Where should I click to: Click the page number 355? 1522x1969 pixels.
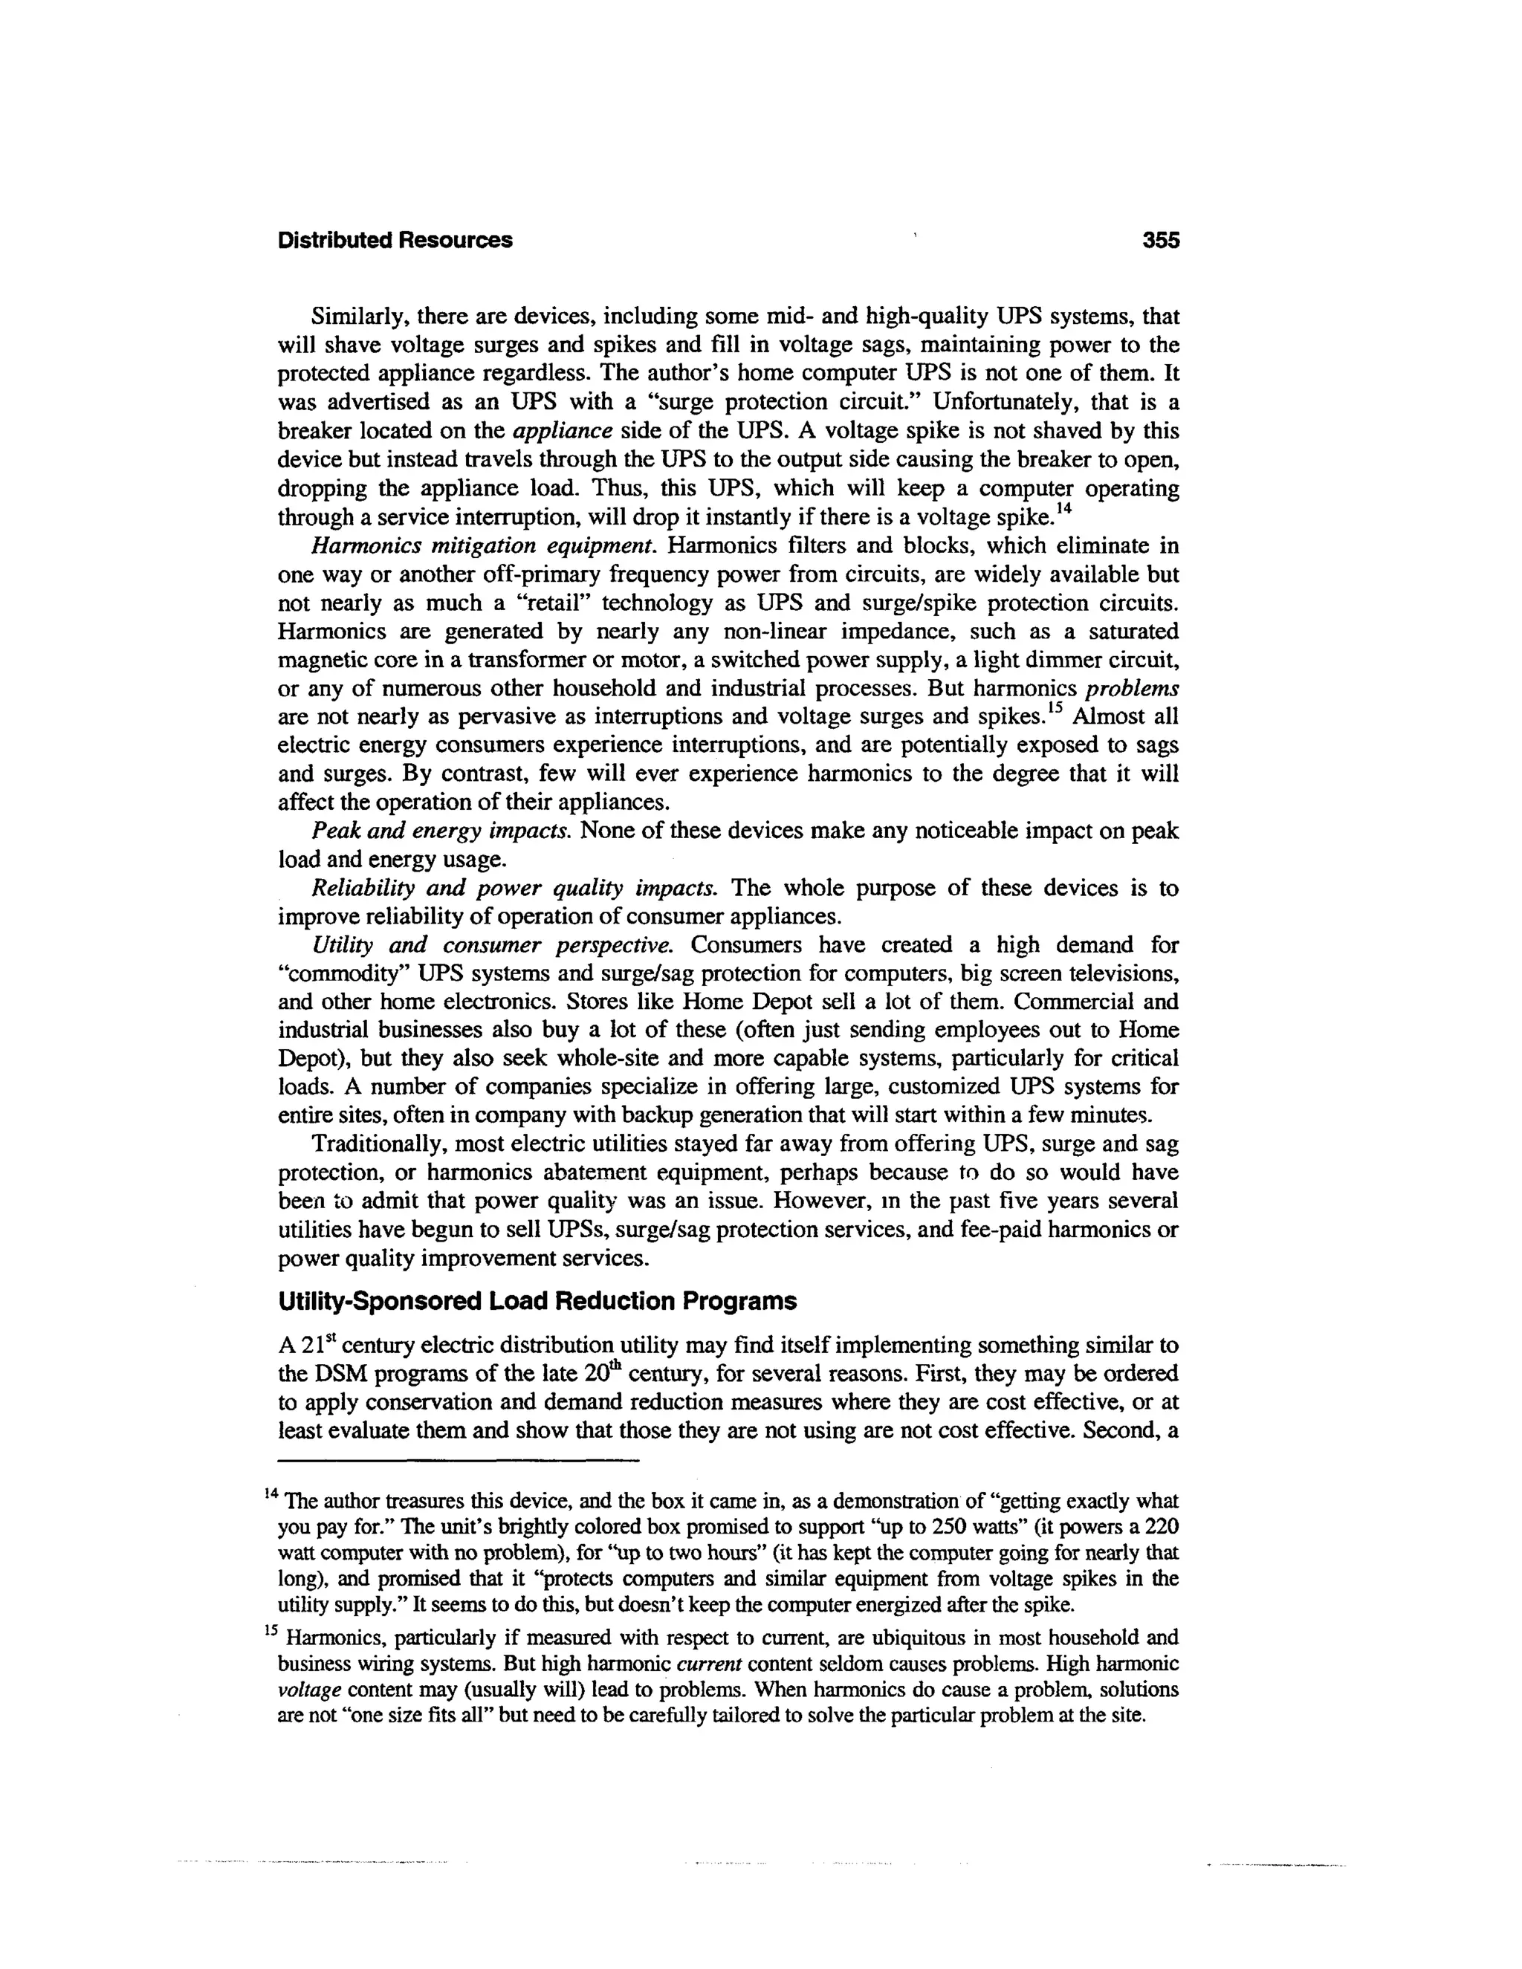tap(1160, 241)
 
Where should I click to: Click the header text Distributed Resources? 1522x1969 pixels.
tap(395, 241)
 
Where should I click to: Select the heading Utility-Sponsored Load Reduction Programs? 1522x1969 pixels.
tap(537, 1302)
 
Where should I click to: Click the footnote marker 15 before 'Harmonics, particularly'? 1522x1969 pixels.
tap(271, 1630)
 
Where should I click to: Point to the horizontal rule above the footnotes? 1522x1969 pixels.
tap(458, 1461)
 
